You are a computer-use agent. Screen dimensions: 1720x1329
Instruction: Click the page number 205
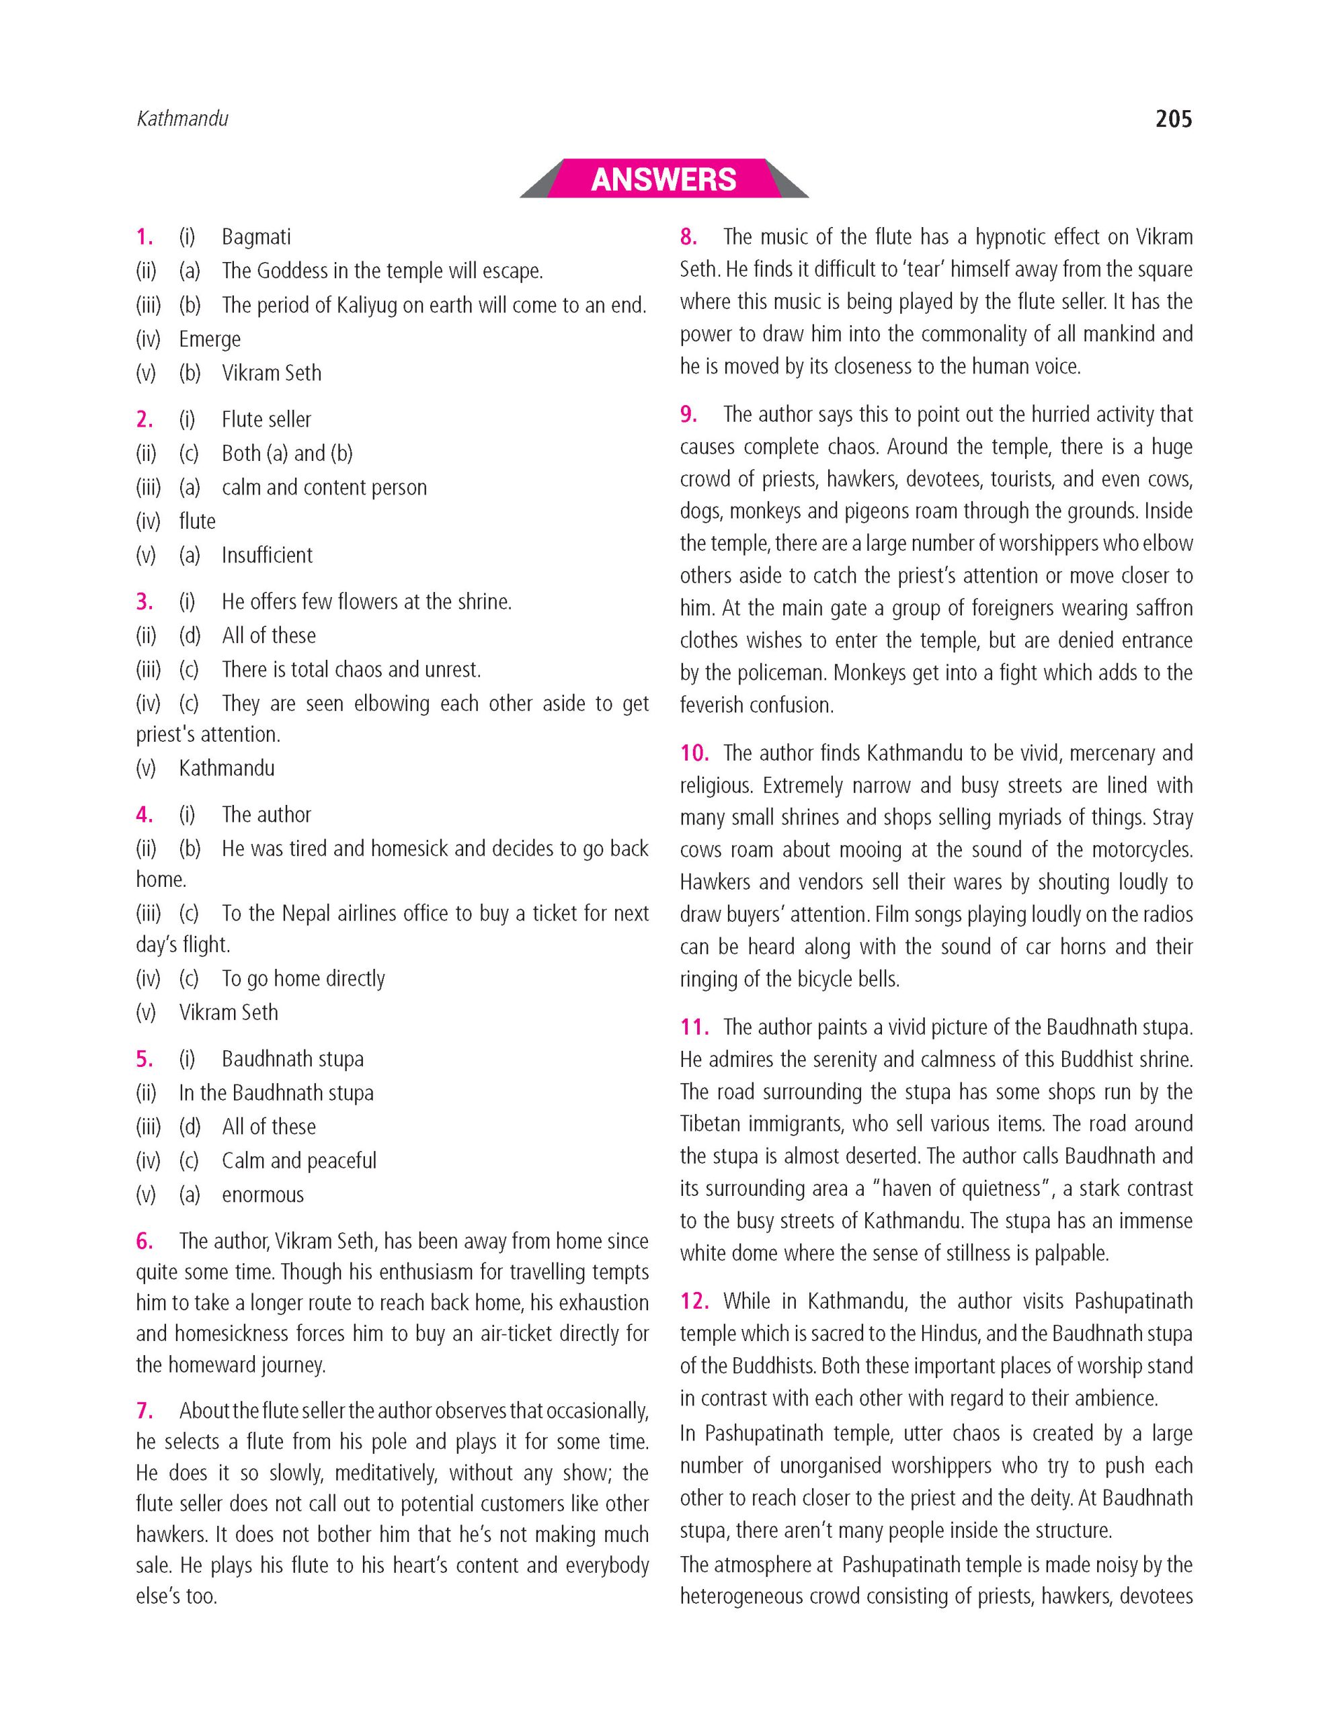1173,120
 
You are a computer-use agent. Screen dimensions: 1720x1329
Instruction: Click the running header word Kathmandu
182,119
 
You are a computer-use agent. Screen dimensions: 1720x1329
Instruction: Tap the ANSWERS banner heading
663,179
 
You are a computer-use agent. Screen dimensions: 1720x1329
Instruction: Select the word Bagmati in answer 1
256,237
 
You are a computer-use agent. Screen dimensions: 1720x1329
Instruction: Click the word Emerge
210,339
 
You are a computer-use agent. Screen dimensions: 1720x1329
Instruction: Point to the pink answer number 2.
144,420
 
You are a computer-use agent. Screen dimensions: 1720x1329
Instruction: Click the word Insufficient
267,555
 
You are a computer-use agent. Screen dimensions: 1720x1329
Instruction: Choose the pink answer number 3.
144,602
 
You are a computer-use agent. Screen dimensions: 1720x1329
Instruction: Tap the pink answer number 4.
144,814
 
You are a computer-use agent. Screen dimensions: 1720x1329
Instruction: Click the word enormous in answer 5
262,1195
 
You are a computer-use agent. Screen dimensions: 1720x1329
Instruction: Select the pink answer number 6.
144,1241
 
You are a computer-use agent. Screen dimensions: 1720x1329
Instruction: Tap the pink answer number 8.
688,237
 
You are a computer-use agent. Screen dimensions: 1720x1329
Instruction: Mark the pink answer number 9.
688,415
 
